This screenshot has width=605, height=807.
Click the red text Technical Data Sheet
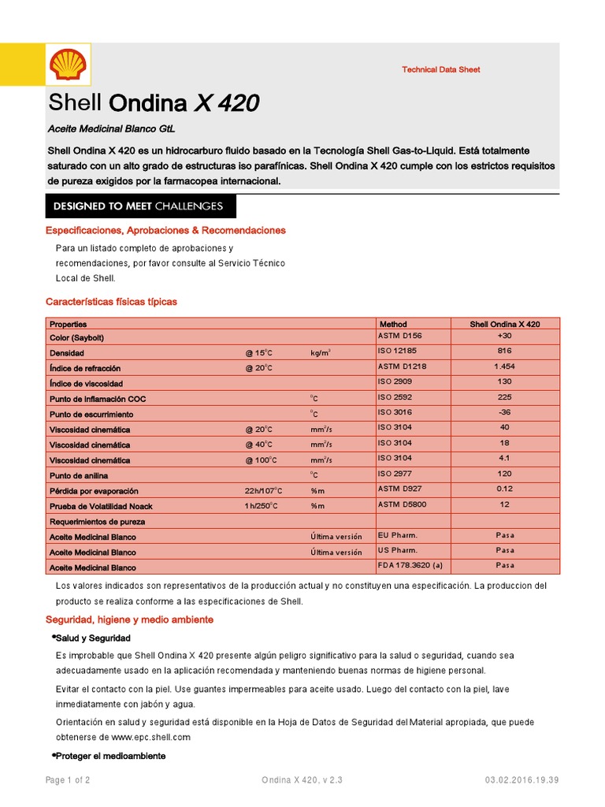coord(440,69)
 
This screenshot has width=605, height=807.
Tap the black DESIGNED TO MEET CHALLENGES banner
coord(138,206)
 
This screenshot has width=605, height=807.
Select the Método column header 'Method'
coord(393,324)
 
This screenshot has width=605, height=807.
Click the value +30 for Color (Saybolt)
coord(505,336)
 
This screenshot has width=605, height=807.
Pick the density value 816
coord(505,351)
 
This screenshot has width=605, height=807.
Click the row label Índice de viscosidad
coord(86,384)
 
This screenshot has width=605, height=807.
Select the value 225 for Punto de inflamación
coord(505,397)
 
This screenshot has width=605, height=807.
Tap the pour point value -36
coord(505,412)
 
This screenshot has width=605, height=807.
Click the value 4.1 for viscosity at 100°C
coord(505,458)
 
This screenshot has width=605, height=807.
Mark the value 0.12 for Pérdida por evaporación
coord(505,489)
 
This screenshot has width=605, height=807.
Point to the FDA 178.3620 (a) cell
coord(410,566)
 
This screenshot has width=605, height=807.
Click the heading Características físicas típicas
coord(111,302)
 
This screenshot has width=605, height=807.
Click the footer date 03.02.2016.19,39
coord(522,780)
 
